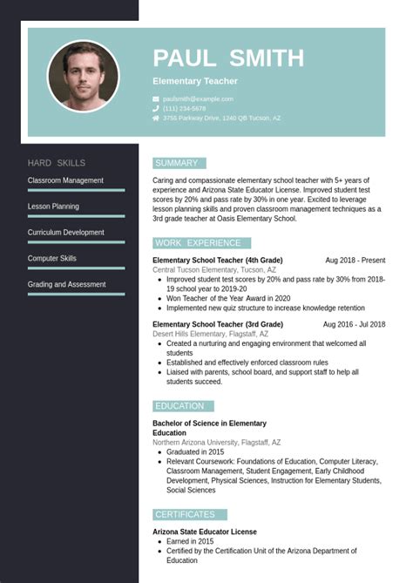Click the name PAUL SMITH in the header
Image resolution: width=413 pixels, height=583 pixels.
coord(228,58)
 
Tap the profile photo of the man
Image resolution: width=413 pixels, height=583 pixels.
coord(84,76)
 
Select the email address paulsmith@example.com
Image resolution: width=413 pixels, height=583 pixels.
coord(198,99)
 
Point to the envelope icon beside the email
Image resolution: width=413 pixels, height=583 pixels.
coord(156,99)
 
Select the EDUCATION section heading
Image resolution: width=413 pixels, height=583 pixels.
coord(179,406)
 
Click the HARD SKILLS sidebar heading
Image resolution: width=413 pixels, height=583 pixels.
coord(57,163)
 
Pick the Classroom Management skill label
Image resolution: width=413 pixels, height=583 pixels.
coord(65,180)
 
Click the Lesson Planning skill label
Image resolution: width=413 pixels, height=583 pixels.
coord(53,207)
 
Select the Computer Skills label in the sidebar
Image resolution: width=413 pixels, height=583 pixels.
coord(52,259)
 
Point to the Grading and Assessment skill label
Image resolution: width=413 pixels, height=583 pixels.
coord(67,285)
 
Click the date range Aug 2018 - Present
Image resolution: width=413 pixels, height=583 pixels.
coord(355,261)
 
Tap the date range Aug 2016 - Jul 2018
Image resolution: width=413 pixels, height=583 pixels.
coord(354,325)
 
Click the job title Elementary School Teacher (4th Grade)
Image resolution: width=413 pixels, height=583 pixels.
coord(218,261)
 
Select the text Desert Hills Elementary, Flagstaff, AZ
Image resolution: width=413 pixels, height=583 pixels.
coord(211,335)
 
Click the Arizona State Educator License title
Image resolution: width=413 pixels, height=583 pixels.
coord(205,532)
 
